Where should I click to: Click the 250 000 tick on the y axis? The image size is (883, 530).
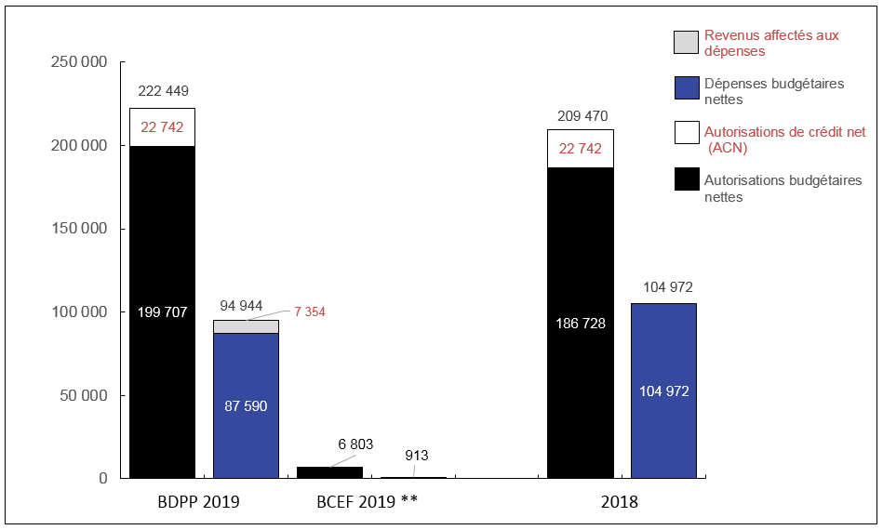[x=81, y=63]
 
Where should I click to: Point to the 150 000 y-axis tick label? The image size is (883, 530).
[x=81, y=230]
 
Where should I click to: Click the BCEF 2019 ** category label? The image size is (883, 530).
[x=367, y=502]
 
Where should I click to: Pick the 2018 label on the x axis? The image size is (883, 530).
[x=620, y=502]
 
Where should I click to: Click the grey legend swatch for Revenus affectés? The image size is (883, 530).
[x=686, y=43]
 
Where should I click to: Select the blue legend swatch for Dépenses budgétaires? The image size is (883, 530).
[x=686, y=87]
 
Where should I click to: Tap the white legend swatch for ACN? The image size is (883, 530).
[x=686, y=132]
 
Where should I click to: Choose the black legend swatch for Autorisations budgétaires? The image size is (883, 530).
[x=686, y=179]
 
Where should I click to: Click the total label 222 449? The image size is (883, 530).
[x=163, y=91]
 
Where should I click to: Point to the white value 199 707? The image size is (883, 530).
[x=163, y=312]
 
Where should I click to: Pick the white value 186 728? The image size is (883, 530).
[x=581, y=323]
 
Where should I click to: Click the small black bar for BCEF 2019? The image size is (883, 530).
[x=329, y=472]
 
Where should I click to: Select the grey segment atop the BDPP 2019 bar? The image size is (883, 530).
[x=246, y=326]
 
